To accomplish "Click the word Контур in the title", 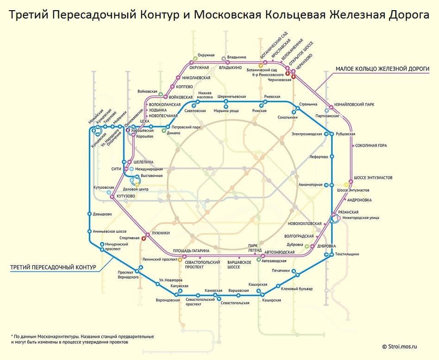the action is pos(160,14).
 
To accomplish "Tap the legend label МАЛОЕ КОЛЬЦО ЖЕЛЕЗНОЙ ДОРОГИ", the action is pos(383,68).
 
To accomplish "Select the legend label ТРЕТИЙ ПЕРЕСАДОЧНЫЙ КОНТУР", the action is pos(53,267).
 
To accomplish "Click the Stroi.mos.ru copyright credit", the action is pos(400,347).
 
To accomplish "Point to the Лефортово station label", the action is pos(319,157).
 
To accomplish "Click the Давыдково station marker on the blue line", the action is pos(89,214).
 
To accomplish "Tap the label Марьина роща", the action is pos(226,111).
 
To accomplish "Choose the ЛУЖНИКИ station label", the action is pos(160,233).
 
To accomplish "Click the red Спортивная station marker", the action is pos(144,239).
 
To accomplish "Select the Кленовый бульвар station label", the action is pos(297,289).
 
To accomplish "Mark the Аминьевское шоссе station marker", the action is pos(89,231).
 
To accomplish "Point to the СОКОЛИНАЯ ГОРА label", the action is pos(371,145).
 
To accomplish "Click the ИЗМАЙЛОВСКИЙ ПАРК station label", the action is pos(354,105).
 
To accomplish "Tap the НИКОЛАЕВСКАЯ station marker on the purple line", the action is pos(178,78).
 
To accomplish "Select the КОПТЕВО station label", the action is pos(184,87).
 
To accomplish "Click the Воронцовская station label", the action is pos(168,300).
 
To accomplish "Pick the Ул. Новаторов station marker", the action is pos(157,284).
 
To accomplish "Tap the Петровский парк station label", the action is pos(186,127).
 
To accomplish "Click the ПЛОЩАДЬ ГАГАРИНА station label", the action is pos(191,251).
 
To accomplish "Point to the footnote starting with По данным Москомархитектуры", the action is pos(82,339).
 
